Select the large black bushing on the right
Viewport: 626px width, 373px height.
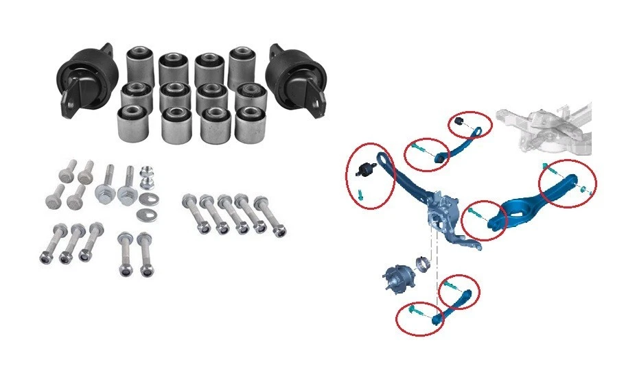(294, 77)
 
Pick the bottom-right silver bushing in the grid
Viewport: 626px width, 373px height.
(251, 124)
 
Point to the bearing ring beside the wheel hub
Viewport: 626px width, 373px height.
(423, 264)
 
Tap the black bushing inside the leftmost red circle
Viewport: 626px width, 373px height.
(367, 168)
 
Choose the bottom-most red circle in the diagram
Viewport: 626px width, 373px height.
(419, 318)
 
